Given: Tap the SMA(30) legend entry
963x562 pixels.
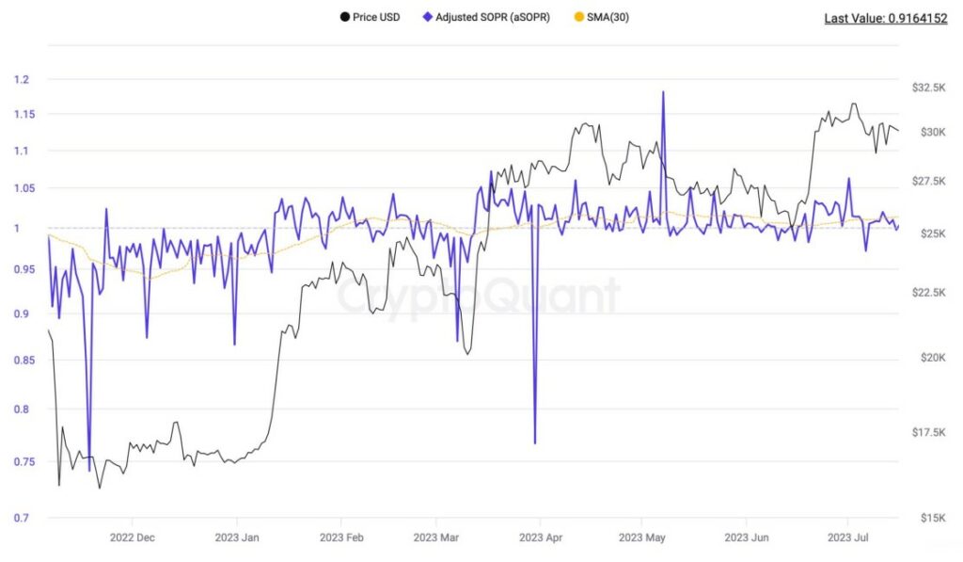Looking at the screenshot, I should click(x=607, y=17).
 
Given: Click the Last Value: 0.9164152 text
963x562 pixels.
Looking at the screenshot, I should click(x=886, y=18).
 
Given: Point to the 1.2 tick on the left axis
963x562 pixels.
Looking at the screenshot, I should click(x=23, y=79).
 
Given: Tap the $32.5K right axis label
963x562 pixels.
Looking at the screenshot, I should click(x=928, y=88).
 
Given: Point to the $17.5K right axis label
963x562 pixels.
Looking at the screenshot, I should click(x=928, y=432).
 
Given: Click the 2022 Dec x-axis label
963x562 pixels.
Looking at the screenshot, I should click(x=133, y=538).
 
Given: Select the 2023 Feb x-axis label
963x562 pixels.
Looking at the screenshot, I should click(x=341, y=538).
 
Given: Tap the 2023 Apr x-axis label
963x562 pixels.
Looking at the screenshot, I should click(x=540, y=538).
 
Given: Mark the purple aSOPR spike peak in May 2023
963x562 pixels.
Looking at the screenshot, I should click(x=663, y=92).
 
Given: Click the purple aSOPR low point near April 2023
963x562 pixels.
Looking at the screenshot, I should click(x=535, y=442).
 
